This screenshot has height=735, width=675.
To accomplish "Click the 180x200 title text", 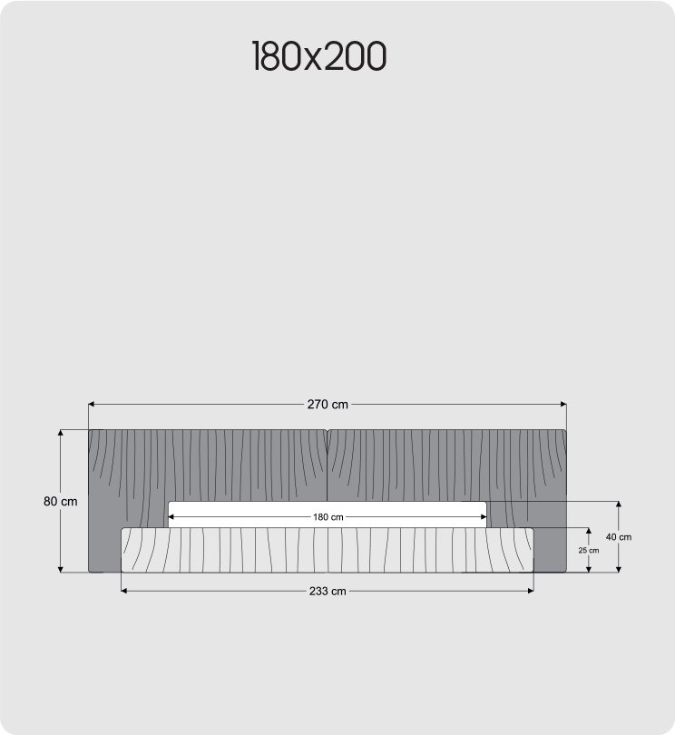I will pyautogui.click(x=318, y=56).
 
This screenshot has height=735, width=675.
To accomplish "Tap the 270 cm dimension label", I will pyautogui.click(x=328, y=405).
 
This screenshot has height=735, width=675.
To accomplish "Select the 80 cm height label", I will pyautogui.click(x=60, y=501).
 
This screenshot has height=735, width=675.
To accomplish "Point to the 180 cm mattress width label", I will pyautogui.click(x=328, y=517).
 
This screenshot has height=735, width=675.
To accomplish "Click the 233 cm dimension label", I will pyautogui.click(x=328, y=591).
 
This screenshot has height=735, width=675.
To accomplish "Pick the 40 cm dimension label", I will pyautogui.click(x=619, y=537).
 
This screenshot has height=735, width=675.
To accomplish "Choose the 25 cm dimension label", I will pyautogui.click(x=589, y=551).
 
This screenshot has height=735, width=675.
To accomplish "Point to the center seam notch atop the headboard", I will pyautogui.click(x=328, y=431).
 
